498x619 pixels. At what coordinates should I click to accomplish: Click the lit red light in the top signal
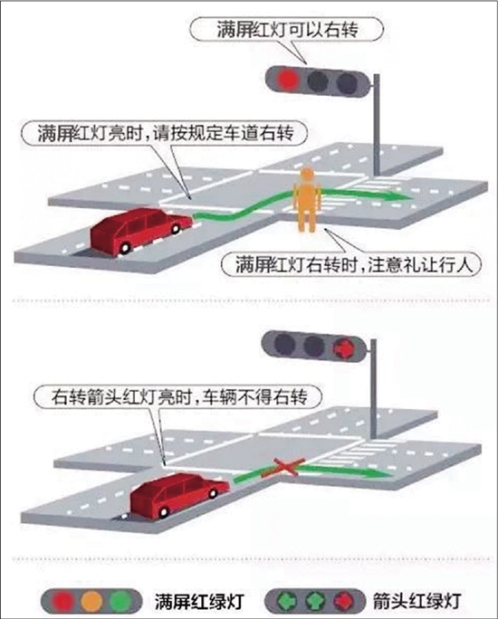pyautogui.click(x=288, y=79)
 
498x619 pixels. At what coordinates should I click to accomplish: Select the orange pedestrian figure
pyautogui.click(x=306, y=200)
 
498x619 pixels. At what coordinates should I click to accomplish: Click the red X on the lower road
pyautogui.click(x=283, y=467)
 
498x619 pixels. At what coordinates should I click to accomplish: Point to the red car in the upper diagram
pyautogui.click(x=140, y=232)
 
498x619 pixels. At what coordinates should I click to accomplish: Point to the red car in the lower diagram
pyautogui.click(x=179, y=497)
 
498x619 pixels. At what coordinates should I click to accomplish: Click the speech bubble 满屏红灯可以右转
pyautogui.click(x=287, y=30)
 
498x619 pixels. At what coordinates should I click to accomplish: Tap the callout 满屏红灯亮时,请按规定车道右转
pyautogui.click(x=164, y=133)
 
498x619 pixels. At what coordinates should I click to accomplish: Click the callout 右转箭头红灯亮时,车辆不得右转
pyautogui.click(x=178, y=396)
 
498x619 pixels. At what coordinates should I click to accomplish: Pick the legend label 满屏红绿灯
pyautogui.click(x=198, y=601)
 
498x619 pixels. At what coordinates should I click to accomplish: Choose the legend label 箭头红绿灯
pyautogui.click(x=417, y=601)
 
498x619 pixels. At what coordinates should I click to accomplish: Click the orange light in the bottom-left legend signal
pyautogui.click(x=91, y=601)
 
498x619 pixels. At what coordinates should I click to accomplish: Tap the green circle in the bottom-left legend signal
pyautogui.click(x=120, y=601)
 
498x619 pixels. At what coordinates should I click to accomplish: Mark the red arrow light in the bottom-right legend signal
pyautogui.click(x=343, y=601)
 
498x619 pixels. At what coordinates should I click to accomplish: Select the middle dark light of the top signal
pyautogui.click(x=318, y=81)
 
